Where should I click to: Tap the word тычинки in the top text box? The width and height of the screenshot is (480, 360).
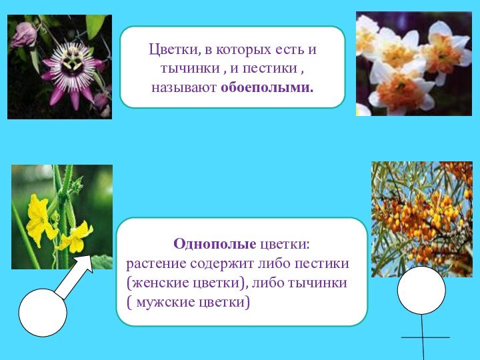(x=187, y=69)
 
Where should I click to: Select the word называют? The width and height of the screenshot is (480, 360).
(x=183, y=87)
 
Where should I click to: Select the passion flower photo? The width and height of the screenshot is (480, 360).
(x=59, y=67)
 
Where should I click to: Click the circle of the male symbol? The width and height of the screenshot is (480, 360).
(x=43, y=312)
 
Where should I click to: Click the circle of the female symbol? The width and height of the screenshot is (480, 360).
(x=421, y=291)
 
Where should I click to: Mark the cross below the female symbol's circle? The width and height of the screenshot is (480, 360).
(x=423, y=337)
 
